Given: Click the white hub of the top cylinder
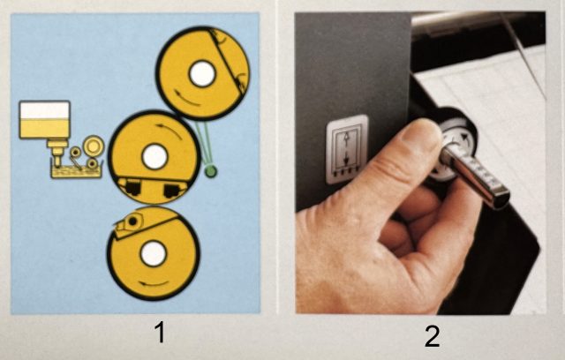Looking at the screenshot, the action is coord(202,74).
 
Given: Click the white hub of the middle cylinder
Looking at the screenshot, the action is coord(155,157).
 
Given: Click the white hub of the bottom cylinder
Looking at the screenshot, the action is coord(154,254).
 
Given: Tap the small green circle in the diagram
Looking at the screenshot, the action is coord(210,171).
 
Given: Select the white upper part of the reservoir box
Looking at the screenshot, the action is coord(45,110).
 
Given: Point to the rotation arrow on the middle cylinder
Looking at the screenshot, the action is coord(170,130).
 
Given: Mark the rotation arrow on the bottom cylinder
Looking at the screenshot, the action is coord(153,284).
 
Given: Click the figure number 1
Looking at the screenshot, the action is coord(160,332).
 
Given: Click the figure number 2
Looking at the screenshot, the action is coord(432,336).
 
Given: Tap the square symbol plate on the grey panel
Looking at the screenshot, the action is coord(347,149).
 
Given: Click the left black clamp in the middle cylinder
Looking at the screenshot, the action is coord(132,186).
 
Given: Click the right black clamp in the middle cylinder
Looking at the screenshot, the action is coord(173,190).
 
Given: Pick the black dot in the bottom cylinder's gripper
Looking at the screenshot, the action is coord(132,221).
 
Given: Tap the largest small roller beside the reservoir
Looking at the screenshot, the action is coord(94,146).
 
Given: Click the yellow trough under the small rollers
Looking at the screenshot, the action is coord(77,172).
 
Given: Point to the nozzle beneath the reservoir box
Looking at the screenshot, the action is coord(56,153).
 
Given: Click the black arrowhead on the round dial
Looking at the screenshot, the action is coord(465,138).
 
